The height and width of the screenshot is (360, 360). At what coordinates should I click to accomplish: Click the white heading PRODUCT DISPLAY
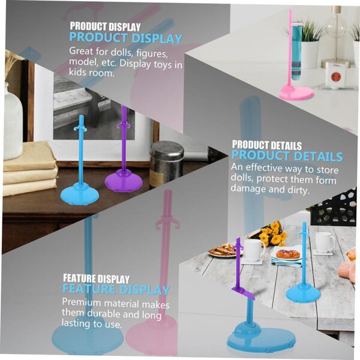coord(105,26)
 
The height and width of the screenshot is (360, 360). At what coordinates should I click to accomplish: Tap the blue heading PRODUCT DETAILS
coord(287,156)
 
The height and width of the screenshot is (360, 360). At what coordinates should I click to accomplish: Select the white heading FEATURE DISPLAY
coord(96,278)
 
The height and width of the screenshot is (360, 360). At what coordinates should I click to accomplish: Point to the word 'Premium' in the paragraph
coord(82,302)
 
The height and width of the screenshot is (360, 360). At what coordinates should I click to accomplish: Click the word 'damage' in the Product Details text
coord(248,189)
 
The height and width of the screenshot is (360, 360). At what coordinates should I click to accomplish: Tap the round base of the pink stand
coord(296,93)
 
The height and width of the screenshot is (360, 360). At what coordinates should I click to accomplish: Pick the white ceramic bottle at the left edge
coord(13,122)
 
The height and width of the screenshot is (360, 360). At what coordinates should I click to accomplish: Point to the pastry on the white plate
coord(288,254)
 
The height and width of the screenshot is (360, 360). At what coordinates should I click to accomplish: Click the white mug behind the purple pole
coord(254,250)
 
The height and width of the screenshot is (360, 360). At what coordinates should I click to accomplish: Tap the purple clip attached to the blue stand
coord(243,293)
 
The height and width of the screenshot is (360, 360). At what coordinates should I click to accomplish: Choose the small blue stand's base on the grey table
coord(303,293)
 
